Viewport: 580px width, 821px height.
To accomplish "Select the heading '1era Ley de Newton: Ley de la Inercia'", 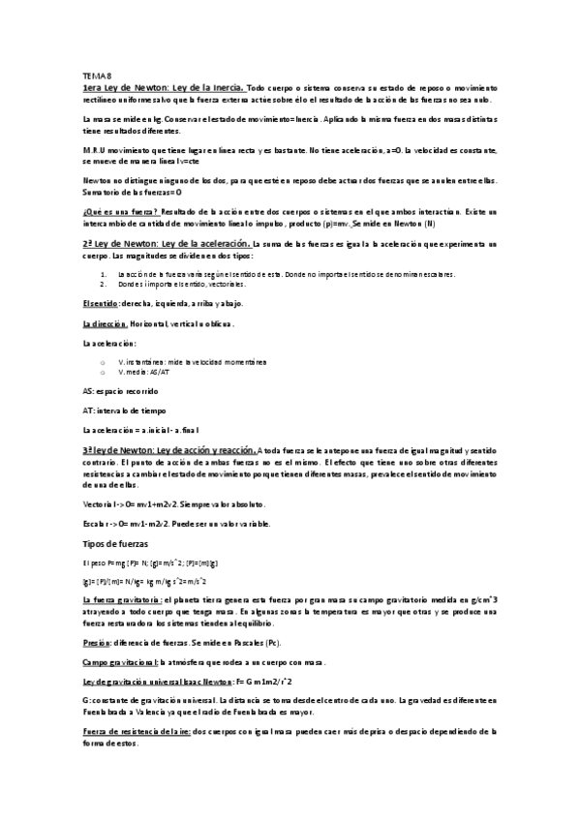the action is pos(165,87).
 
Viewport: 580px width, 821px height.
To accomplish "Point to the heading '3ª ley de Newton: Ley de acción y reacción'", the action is pos(170,450).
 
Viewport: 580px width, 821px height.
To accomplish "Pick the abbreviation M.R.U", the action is pos(98,150).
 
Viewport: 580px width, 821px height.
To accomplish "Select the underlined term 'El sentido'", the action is pos(102,303).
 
